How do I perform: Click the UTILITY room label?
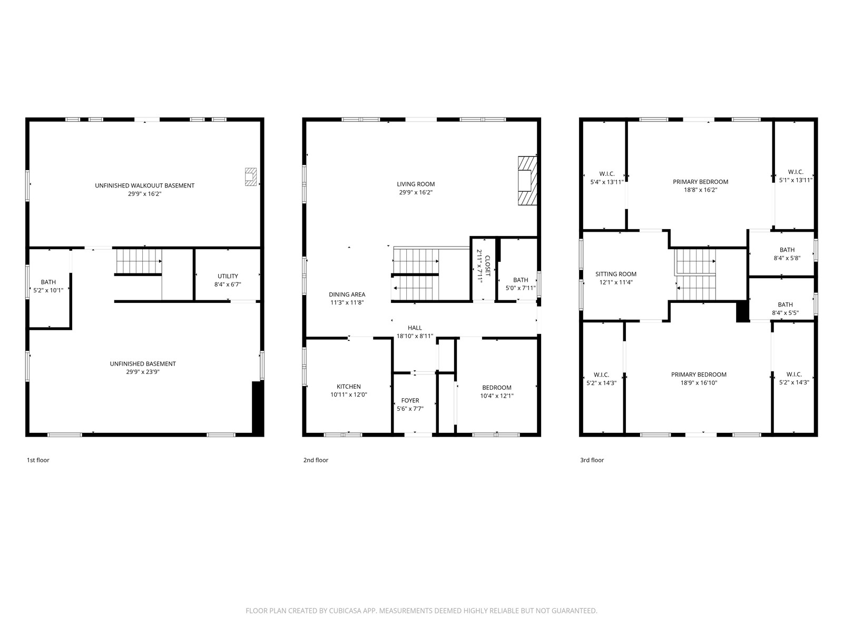coord(228,276)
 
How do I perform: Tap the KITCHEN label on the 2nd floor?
coord(349,387)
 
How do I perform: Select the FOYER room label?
coord(410,401)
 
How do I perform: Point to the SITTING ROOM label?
coord(616,274)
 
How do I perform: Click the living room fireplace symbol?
coord(527,181)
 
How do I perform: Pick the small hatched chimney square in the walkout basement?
coord(251,177)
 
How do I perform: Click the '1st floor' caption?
coord(38,460)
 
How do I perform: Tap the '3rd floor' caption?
coord(592,460)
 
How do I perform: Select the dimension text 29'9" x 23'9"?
coord(143,372)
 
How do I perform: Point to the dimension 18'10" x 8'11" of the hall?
coord(415,336)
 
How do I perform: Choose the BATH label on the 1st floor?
coord(48,282)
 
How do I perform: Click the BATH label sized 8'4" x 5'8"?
coord(787,250)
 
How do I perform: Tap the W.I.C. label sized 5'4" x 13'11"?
coord(607,174)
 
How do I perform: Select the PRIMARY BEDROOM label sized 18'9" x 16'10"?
coord(699,374)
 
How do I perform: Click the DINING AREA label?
coord(347,295)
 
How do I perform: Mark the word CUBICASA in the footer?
coord(345,610)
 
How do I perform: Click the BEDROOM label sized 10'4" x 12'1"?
coord(497,388)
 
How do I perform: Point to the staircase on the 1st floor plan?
coord(139,261)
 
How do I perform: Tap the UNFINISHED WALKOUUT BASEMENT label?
coord(145,186)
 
